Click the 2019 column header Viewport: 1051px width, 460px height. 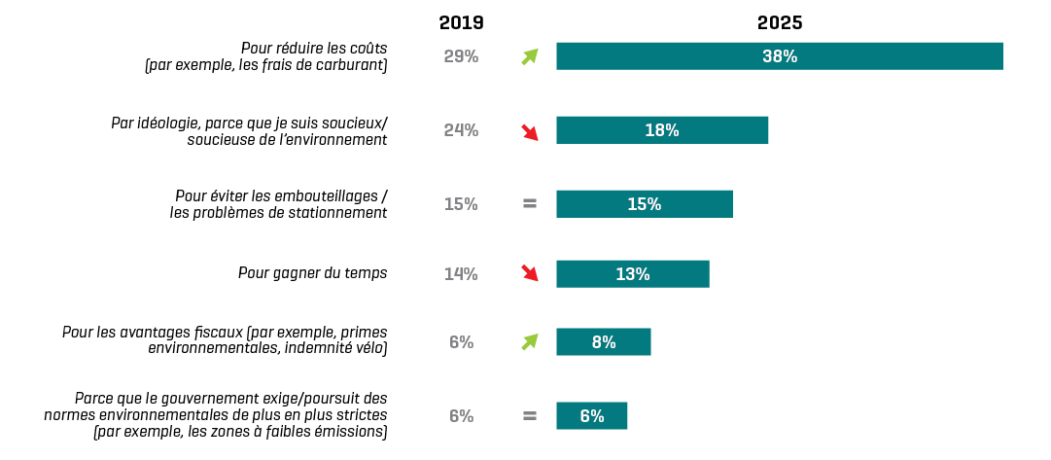(461, 22)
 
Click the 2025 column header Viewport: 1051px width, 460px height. (780, 22)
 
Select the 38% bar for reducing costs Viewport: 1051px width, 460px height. (779, 56)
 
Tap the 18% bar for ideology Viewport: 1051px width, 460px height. (661, 130)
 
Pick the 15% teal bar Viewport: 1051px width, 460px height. (644, 204)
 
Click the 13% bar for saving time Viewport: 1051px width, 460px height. (632, 274)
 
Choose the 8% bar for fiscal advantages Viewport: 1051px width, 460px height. (603, 342)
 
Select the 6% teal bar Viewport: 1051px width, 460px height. (591, 416)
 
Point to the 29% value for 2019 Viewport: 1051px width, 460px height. (461, 56)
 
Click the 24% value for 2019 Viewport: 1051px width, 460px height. (461, 130)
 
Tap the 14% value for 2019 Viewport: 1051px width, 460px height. (461, 274)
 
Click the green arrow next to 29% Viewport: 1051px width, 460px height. (529, 56)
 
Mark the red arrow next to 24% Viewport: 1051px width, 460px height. (529, 131)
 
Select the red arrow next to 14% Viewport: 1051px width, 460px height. (529, 273)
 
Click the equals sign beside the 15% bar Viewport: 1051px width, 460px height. (529, 204)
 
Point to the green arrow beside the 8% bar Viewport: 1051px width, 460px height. (529, 341)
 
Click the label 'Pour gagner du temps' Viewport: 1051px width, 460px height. (312, 273)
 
